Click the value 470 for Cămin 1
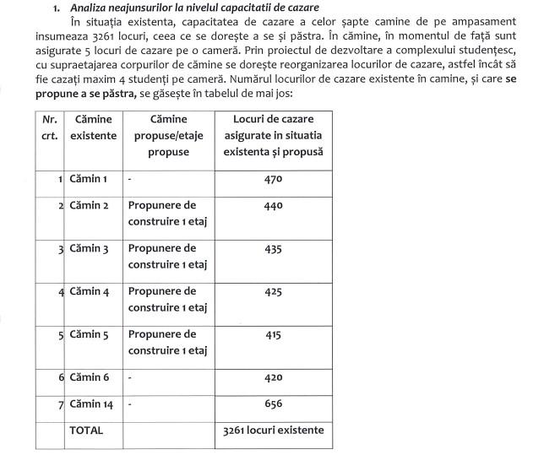272,180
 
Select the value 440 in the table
272,206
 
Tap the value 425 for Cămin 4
272,292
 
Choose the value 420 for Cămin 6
272,378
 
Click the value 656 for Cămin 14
272,404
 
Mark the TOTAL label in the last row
87,430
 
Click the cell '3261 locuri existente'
272,431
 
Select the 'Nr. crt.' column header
50,128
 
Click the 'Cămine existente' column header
94,128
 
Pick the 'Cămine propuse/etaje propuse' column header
166,136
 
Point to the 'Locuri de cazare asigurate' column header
272,136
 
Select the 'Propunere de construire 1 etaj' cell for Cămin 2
166,214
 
